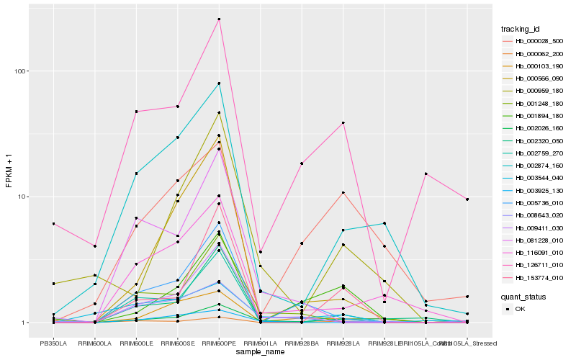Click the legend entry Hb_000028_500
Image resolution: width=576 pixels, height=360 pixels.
point(532,41)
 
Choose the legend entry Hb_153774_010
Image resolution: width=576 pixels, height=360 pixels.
point(532,277)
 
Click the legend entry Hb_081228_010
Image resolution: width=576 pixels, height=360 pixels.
point(532,240)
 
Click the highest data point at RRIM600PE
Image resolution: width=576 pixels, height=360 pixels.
point(219,19)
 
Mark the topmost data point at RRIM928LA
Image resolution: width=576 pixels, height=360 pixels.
point(343,123)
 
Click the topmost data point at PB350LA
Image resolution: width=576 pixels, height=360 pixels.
point(53,224)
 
